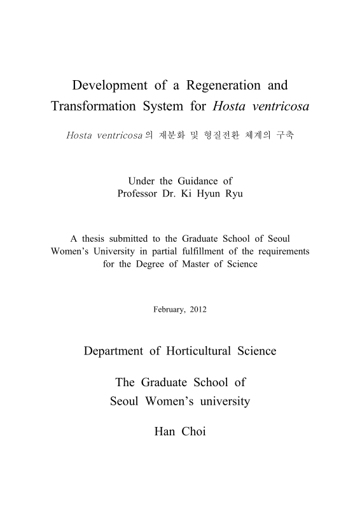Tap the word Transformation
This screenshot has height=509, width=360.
(93, 106)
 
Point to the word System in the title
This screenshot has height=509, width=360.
(164, 106)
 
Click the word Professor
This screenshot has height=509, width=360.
(139, 193)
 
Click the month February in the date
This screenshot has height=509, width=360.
(169, 310)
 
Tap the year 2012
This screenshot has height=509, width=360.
(198, 310)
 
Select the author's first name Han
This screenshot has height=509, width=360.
(165, 431)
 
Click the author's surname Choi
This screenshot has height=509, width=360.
(194, 431)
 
